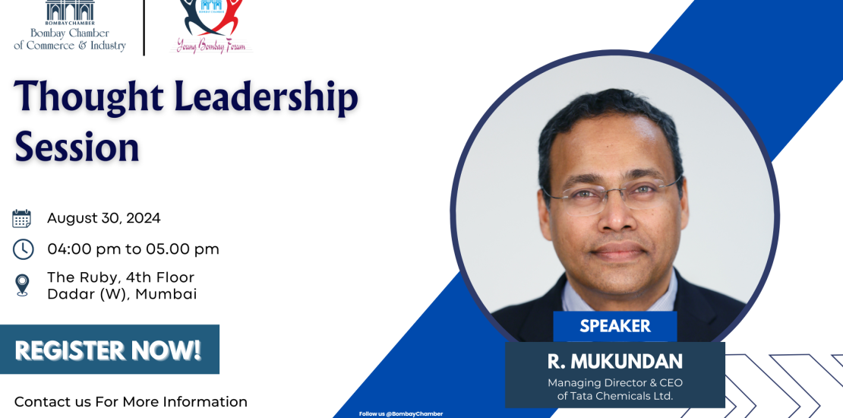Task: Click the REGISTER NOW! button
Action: pyautogui.click(x=109, y=349)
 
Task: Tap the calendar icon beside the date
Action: pyautogui.click(x=21, y=218)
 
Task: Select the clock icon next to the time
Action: pyautogui.click(x=23, y=249)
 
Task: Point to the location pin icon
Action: pyautogui.click(x=22, y=285)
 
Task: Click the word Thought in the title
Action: pyautogui.click(x=89, y=97)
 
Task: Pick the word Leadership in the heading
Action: pyautogui.click(x=266, y=97)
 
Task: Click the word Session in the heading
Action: pyautogui.click(x=77, y=147)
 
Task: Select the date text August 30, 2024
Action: pyautogui.click(x=104, y=218)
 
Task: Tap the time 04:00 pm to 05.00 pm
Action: pyautogui.click(x=134, y=249)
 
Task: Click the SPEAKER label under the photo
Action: pyautogui.click(x=615, y=326)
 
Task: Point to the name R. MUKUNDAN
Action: pyautogui.click(x=615, y=362)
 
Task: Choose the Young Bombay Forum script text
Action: pyautogui.click(x=211, y=46)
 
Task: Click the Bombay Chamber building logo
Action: pyautogui.click(x=70, y=11)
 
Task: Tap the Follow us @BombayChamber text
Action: pyautogui.click(x=401, y=413)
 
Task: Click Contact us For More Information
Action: pyautogui.click(x=131, y=402)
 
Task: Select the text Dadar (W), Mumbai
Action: pyautogui.click(x=122, y=294)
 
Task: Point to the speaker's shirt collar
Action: pyautogui.click(x=618, y=296)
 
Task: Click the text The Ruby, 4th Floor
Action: pyautogui.click(x=121, y=277)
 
